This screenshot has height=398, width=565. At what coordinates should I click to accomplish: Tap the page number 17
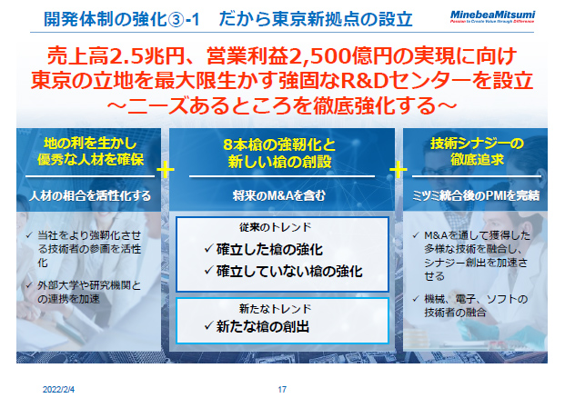pos(282,388)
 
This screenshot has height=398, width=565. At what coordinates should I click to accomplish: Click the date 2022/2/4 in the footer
pos(59,388)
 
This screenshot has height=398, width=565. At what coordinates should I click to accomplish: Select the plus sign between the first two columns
pos(166,169)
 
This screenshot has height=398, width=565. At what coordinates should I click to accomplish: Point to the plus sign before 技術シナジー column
pos(399,169)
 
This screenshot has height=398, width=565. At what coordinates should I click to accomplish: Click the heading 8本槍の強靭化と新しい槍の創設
pos(281,153)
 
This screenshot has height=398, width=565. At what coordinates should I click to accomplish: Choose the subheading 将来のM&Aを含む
pos(281,194)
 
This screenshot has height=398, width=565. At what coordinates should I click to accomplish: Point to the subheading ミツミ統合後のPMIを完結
pos(477,194)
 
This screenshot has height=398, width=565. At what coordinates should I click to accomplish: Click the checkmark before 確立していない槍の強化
pos(209,270)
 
